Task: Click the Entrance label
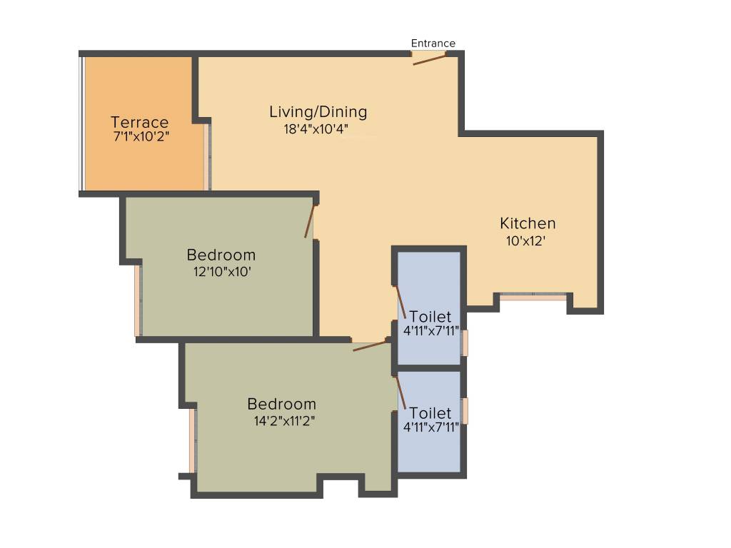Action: (433, 44)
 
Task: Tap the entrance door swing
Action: (430, 59)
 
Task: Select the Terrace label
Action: (140, 122)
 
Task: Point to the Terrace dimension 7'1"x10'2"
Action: (141, 136)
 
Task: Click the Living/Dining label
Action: (318, 112)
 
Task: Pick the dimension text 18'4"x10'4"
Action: (316, 129)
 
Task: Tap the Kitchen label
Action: (528, 223)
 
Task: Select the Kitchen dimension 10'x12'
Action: (526, 241)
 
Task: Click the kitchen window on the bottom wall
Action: (533, 295)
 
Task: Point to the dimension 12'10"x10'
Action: (221, 272)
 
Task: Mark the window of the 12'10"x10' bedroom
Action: (138, 300)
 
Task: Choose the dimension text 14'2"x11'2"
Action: (284, 421)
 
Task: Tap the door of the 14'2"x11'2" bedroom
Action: (370, 346)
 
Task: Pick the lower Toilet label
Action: (430, 413)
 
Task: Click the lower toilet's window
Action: (465, 411)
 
